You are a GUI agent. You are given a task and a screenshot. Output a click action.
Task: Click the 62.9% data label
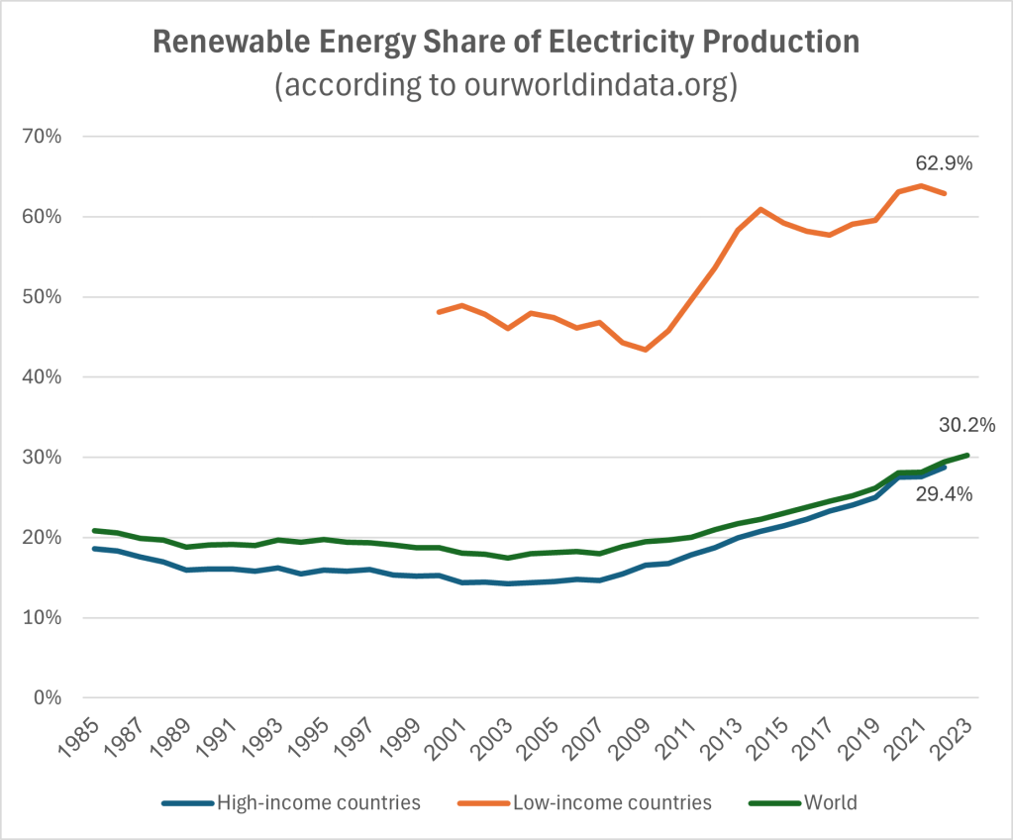944,163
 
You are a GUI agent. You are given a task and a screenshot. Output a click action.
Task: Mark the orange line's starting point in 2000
439,312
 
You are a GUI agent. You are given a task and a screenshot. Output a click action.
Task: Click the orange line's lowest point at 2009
646,350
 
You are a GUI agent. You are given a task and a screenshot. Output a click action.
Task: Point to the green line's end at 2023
967,456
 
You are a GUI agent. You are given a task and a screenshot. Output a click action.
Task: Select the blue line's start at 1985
94,549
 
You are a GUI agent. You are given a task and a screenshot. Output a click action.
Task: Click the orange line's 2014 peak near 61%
760,209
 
